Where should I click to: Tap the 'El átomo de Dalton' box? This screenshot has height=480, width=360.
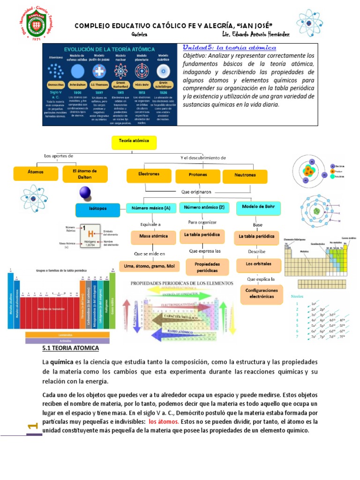click(x=85, y=173)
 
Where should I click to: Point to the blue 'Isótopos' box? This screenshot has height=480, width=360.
click(x=97, y=209)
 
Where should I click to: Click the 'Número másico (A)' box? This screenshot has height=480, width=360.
click(x=151, y=208)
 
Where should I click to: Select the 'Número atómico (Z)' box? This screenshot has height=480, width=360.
click(x=204, y=207)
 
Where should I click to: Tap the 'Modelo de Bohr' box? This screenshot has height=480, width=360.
click(x=258, y=207)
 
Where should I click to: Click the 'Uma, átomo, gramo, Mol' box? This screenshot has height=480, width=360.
click(x=150, y=266)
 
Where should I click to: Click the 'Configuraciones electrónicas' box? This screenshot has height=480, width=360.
click(x=261, y=293)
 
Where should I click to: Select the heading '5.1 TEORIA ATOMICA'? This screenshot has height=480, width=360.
click(x=71, y=349)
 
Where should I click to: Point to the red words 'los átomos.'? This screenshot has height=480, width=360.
click(x=164, y=421)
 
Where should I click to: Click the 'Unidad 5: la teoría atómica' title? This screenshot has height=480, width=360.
click(x=229, y=48)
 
